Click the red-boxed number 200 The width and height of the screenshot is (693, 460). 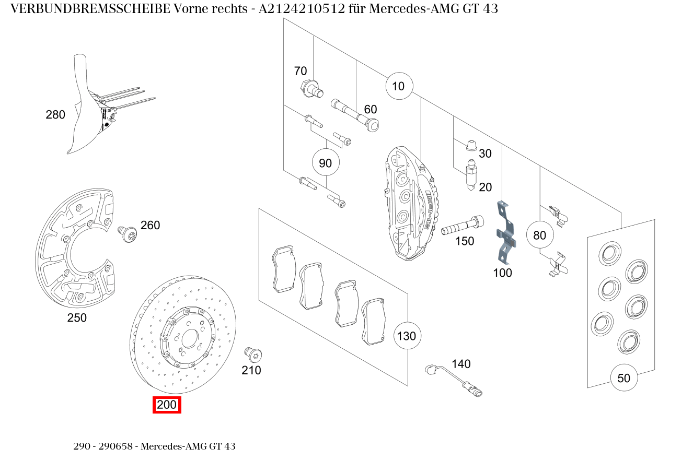(x=167, y=405)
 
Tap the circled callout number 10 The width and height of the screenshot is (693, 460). (x=399, y=86)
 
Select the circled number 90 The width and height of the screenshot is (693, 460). (x=325, y=163)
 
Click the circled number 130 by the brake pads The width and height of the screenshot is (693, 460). (x=407, y=335)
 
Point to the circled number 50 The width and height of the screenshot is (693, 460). (x=624, y=378)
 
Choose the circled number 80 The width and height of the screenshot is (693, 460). (x=539, y=235)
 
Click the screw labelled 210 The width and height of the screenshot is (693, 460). (x=253, y=355)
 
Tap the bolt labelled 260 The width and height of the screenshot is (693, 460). (x=126, y=233)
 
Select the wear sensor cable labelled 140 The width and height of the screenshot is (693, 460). (x=453, y=379)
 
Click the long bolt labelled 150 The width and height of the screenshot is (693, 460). (x=462, y=226)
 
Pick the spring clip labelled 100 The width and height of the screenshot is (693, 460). (x=505, y=232)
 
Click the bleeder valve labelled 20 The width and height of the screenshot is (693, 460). (x=470, y=176)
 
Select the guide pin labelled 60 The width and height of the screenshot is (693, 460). (x=355, y=115)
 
